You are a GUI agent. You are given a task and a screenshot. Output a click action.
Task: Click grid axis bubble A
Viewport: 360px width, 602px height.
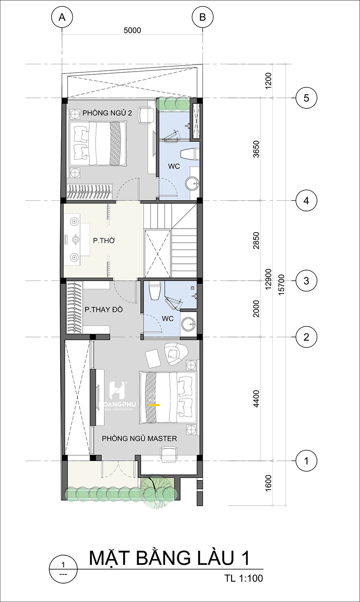(x=62, y=17)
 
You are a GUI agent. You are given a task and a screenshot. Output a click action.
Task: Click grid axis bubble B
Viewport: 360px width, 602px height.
(x=202, y=17)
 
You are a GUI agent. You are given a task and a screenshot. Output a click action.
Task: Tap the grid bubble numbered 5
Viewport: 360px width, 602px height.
(x=306, y=98)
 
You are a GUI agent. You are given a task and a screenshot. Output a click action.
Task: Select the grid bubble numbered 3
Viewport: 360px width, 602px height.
(x=306, y=281)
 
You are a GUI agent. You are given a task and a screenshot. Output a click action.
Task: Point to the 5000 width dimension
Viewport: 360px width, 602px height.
(x=132, y=30)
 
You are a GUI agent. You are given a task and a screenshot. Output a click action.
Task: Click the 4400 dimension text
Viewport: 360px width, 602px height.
(x=256, y=399)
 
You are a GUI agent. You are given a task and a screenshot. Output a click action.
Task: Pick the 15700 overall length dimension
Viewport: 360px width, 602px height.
(x=281, y=285)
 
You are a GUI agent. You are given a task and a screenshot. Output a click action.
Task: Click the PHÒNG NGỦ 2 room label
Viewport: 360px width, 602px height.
(x=107, y=113)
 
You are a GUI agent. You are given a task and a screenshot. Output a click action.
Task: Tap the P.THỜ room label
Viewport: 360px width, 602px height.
(x=104, y=241)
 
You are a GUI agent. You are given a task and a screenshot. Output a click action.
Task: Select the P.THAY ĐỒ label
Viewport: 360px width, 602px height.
(x=104, y=310)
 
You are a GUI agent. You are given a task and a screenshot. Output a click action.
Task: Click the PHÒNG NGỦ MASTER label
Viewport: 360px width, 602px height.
(x=139, y=439)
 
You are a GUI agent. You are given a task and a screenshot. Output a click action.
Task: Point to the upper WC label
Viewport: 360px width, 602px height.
(x=174, y=166)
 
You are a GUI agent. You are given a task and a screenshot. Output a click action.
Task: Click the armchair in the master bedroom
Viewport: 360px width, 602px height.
(x=176, y=354)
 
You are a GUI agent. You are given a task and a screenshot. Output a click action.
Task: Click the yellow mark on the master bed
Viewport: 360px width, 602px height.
(x=154, y=405)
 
